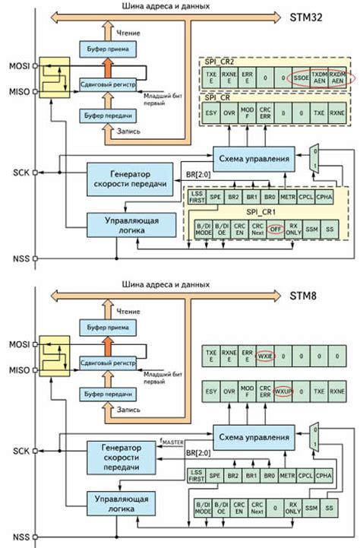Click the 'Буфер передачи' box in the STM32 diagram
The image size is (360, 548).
109,116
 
